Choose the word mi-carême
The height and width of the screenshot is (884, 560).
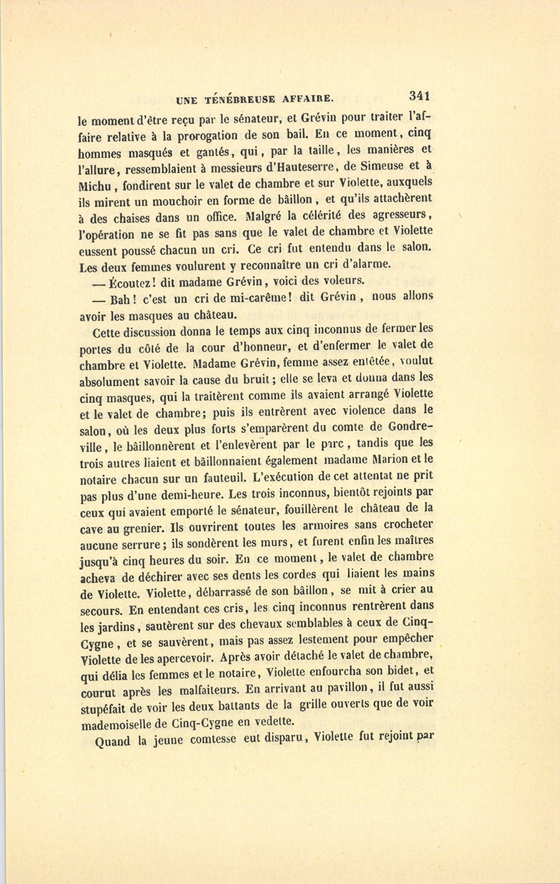click(258, 297)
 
